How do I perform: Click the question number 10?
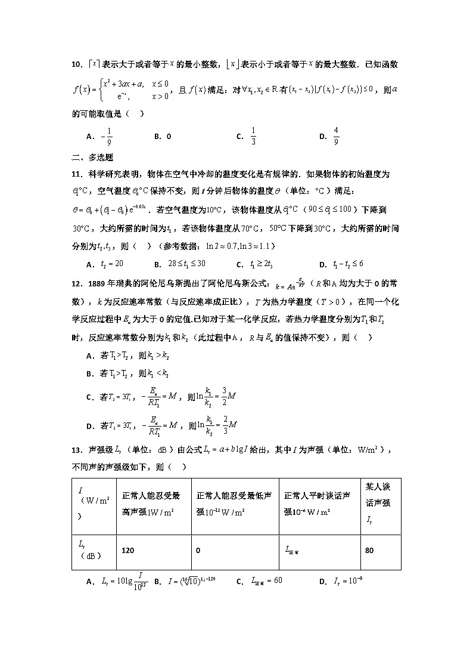[x=76, y=64]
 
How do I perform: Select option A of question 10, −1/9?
[x=101, y=137]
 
